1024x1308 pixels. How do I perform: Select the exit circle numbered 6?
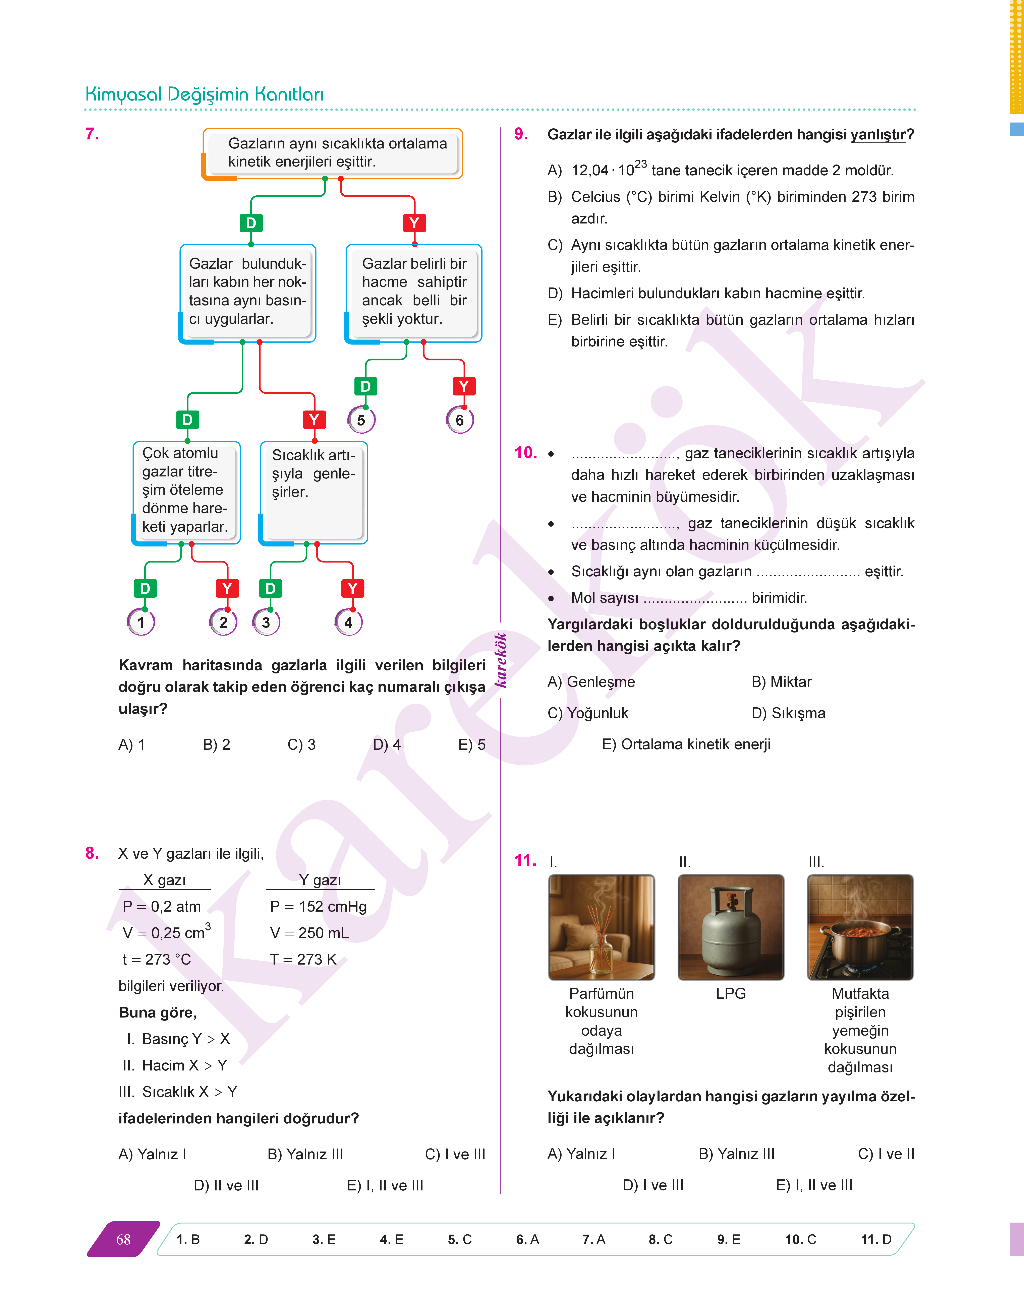[460, 420]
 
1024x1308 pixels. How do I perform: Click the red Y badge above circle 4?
[352, 588]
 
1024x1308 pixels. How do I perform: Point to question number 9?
[521, 134]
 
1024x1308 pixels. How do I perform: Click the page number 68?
[123, 1239]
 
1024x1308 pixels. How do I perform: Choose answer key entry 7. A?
[593, 1239]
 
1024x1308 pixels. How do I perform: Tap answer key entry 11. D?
[876, 1239]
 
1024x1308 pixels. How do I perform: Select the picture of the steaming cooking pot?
[860, 927]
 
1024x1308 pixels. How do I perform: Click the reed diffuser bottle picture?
[601, 927]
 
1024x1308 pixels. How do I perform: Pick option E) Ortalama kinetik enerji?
[686, 744]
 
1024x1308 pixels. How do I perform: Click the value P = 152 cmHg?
[318, 907]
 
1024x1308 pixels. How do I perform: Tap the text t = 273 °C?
[157, 959]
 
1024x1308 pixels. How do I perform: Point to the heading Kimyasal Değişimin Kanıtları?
[205, 94]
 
